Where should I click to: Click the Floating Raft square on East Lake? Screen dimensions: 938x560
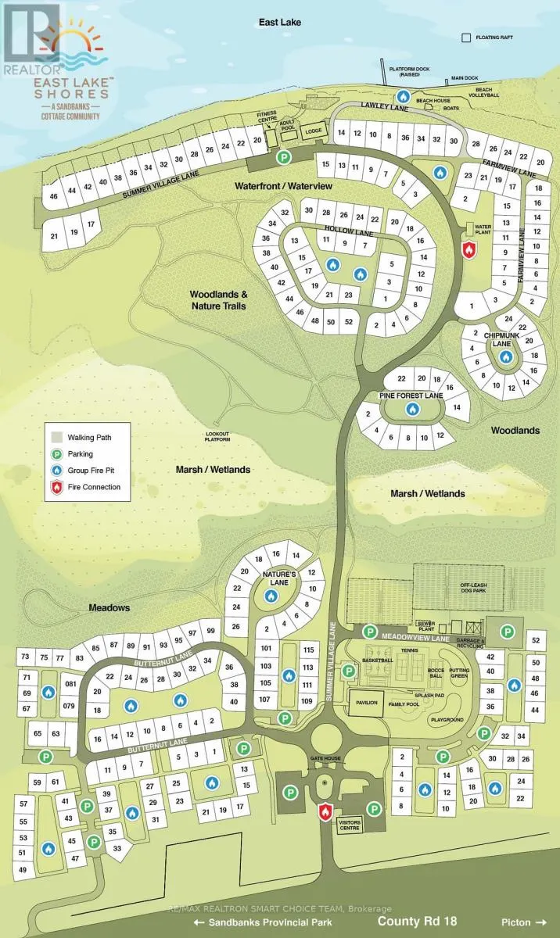pyautogui.click(x=467, y=37)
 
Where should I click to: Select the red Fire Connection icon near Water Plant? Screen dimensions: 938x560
pyautogui.click(x=469, y=249)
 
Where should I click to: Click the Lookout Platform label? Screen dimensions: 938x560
pyautogui.click(x=218, y=437)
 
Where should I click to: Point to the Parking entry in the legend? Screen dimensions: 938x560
pyautogui.click(x=80, y=453)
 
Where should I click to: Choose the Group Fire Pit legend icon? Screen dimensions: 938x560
pyautogui.click(x=56, y=471)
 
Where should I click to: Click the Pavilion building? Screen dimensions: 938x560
pyautogui.click(x=368, y=703)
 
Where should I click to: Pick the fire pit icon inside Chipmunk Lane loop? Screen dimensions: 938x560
pyautogui.click(x=505, y=356)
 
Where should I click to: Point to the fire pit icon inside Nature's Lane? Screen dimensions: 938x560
pyautogui.click(x=271, y=596)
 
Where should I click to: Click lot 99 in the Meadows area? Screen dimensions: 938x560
pyautogui.click(x=210, y=632)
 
